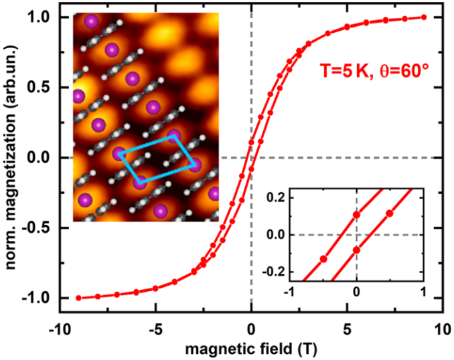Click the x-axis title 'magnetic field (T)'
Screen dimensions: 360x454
coord(250,349)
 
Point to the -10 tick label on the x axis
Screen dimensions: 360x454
coord(59,329)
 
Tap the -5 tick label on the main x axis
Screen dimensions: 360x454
coord(155,329)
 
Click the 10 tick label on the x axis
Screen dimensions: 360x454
coord(441,329)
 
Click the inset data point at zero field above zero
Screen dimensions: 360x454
coord(356,215)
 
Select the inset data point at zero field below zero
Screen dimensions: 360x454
coord(356,250)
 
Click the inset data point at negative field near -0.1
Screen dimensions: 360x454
coord(323,258)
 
